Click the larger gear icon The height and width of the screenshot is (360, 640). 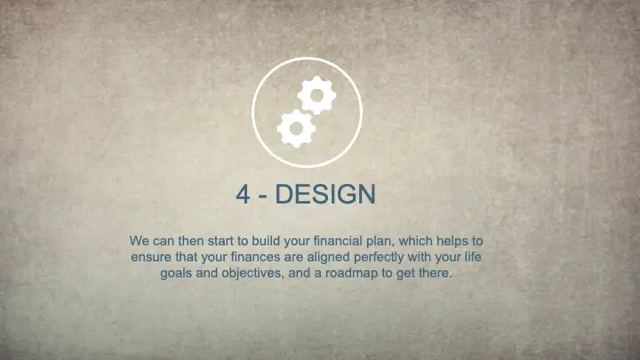click(316, 95)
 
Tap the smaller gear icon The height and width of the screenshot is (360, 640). click(295, 127)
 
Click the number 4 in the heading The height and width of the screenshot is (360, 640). click(244, 195)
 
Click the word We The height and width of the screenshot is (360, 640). click(140, 241)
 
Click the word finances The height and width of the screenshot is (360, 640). click(256, 257)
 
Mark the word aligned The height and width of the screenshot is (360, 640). click(333, 257)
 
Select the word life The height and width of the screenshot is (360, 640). click(482, 257)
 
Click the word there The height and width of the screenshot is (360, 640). click(436, 273)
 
